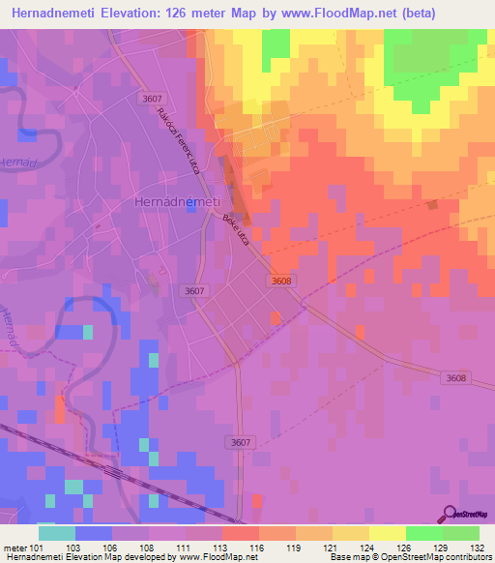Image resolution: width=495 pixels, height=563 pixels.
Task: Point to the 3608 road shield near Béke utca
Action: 281,280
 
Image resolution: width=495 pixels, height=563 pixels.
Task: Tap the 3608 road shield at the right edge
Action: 457,377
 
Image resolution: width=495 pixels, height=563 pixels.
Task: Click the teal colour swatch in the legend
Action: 56,533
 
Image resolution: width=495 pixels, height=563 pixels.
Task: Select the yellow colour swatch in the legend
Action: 387,533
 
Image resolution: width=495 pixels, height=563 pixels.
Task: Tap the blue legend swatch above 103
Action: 93,533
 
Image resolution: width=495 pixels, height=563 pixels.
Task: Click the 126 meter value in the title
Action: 189,14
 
